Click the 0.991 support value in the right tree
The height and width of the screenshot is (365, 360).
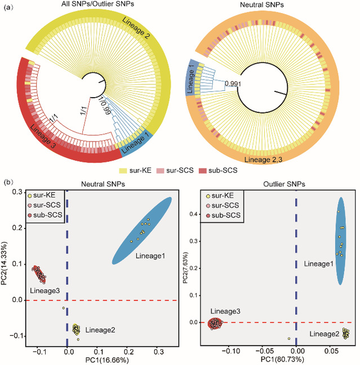click(x=233, y=84)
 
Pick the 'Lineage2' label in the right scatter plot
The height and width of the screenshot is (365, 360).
click(x=325, y=334)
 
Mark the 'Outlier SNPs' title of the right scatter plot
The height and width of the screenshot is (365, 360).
click(x=281, y=184)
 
